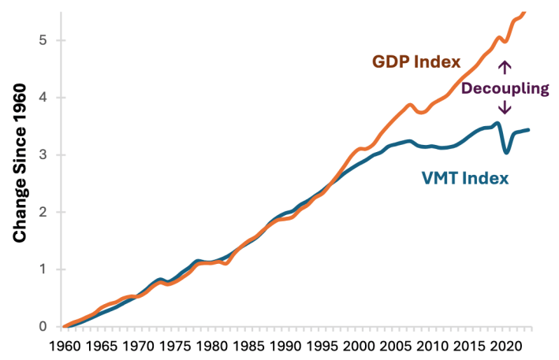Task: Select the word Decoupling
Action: (505, 88)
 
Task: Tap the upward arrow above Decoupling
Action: (505, 67)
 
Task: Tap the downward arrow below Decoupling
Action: (505, 109)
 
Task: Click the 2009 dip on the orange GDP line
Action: (423, 113)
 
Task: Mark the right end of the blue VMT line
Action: (527, 129)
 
